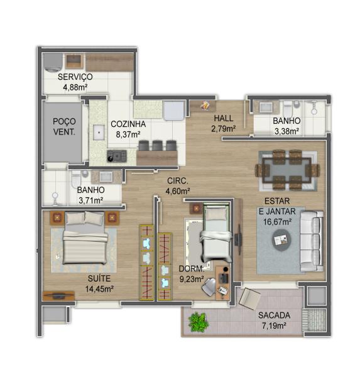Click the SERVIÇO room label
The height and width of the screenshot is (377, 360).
(75, 77)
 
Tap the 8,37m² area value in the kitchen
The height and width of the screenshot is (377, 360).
(128, 134)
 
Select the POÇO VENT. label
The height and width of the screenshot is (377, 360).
(64, 126)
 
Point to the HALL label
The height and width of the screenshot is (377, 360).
(224, 118)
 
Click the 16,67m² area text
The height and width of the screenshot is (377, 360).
(278, 222)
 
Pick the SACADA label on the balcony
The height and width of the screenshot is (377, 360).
(274, 315)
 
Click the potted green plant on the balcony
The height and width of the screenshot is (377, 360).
(198, 322)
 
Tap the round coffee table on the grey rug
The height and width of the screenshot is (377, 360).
(281, 240)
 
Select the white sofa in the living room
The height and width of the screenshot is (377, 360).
(312, 241)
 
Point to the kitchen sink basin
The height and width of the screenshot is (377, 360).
(99, 132)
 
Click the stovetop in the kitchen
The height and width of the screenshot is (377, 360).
(117, 156)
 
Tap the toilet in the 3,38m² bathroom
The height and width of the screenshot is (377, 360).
(288, 108)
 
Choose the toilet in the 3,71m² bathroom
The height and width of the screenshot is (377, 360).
(76, 179)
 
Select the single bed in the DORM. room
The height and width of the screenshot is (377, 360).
(216, 232)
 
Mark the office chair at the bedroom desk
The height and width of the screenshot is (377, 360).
(209, 286)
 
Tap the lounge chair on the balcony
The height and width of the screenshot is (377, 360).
(250, 298)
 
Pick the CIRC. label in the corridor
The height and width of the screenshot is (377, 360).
(178, 181)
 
